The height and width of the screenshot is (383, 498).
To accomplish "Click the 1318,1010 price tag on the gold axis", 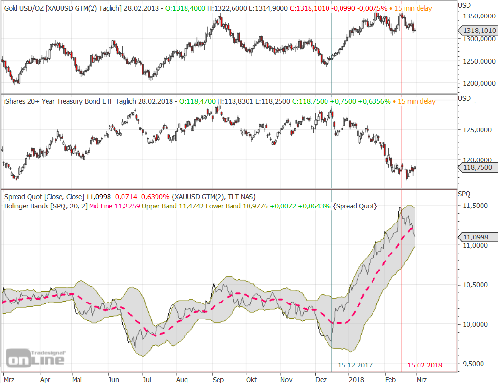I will [x=479, y=31].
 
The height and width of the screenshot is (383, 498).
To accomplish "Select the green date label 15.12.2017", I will [x=355, y=365].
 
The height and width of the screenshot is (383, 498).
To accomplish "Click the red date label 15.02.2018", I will [x=424, y=365].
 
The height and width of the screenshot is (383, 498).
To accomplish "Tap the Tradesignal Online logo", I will [x=35, y=358].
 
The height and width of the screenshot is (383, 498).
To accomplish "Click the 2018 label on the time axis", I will [x=356, y=379].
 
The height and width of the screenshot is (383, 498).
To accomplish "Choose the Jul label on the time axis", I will [x=146, y=379].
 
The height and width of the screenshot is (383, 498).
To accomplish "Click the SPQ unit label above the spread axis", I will [x=464, y=194].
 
